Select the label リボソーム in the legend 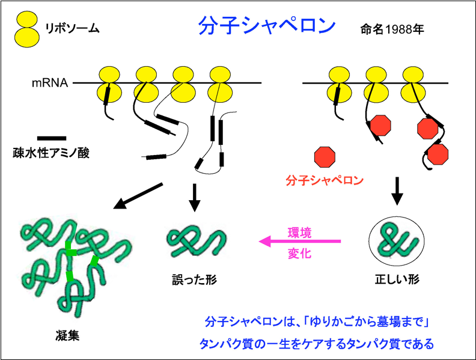click(x=72, y=28)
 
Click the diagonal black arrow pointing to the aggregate click(x=138, y=196)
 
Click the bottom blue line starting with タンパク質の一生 click(x=316, y=344)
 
